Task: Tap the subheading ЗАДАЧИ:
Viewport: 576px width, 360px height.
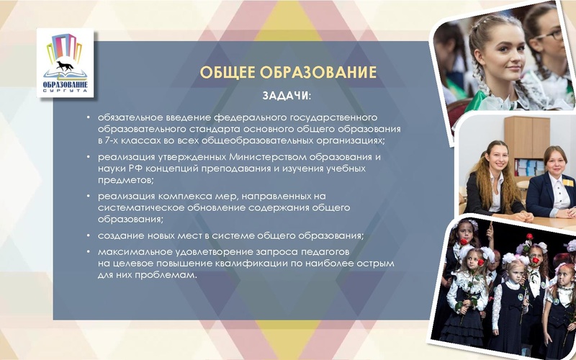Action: pyautogui.click(x=287, y=95)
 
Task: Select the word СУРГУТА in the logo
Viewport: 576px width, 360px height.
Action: pyautogui.click(x=66, y=93)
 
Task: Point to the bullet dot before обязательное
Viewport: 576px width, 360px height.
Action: pyautogui.click(x=88, y=117)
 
